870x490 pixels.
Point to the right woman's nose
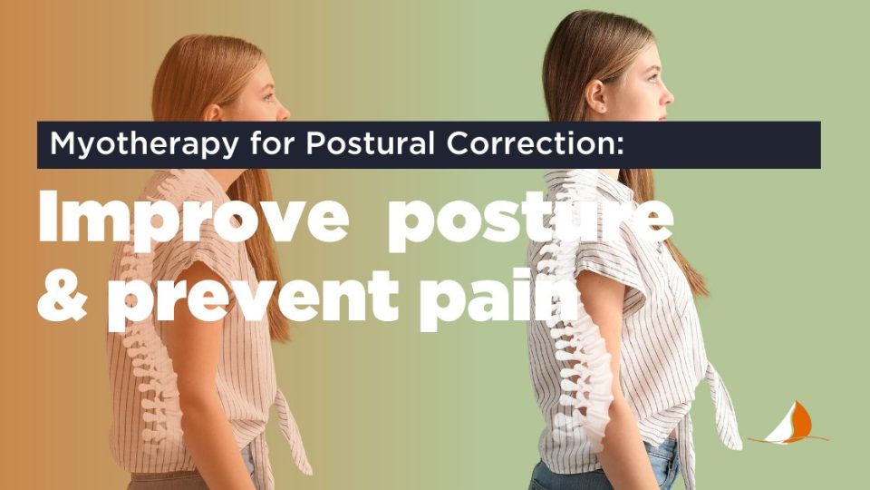(x=669, y=91)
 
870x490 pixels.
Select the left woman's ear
(x=213, y=112)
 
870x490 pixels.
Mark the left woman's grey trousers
(x=181, y=480)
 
